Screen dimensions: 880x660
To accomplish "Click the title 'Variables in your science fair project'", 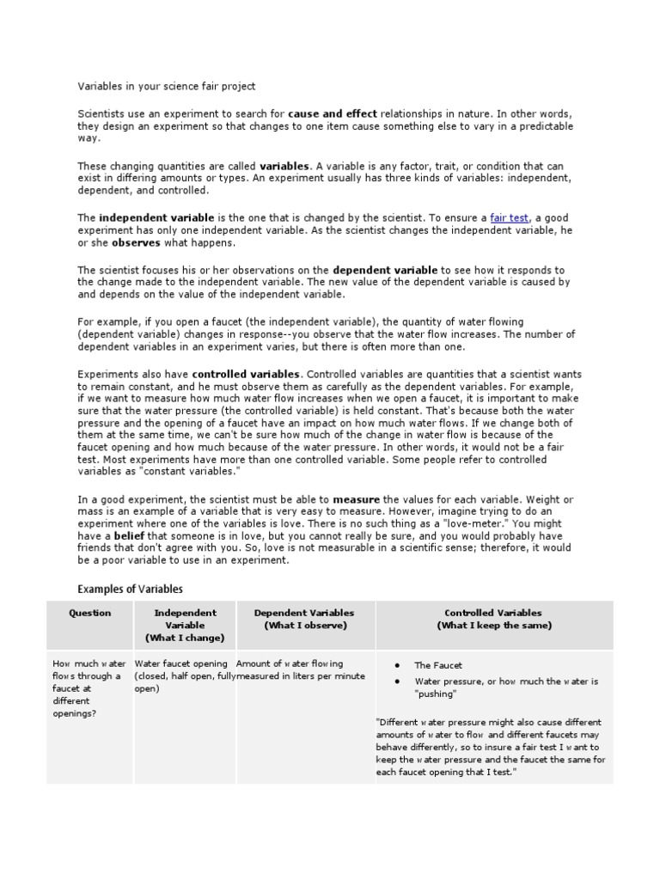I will [x=167, y=87].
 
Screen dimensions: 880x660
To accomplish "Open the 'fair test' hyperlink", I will [x=510, y=218].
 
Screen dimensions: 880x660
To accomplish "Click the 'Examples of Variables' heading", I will [x=130, y=589].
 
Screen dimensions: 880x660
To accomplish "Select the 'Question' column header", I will [x=90, y=613].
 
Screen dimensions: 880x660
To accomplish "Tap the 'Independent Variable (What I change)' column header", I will [x=185, y=625].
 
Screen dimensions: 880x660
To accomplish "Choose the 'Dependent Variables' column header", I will [x=304, y=619].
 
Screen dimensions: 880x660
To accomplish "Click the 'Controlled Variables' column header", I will [x=493, y=619].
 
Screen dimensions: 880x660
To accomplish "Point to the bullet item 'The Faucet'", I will [x=438, y=665].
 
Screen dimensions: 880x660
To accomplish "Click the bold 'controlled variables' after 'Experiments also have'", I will [x=247, y=375].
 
